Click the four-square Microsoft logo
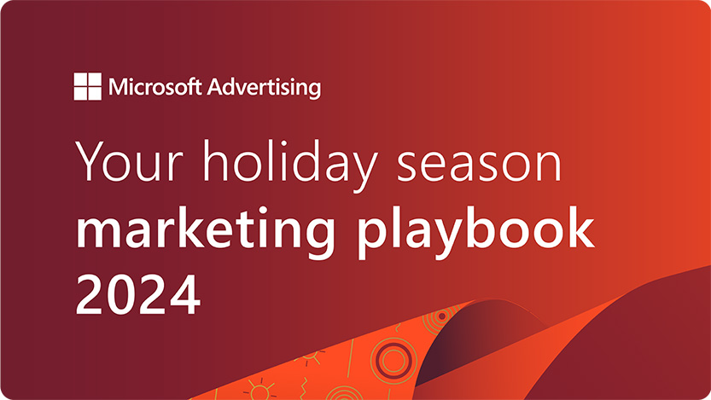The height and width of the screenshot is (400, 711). click(x=88, y=87)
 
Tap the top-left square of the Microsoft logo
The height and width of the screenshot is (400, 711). click(x=81, y=80)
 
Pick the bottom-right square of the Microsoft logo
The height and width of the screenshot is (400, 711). click(x=95, y=94)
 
